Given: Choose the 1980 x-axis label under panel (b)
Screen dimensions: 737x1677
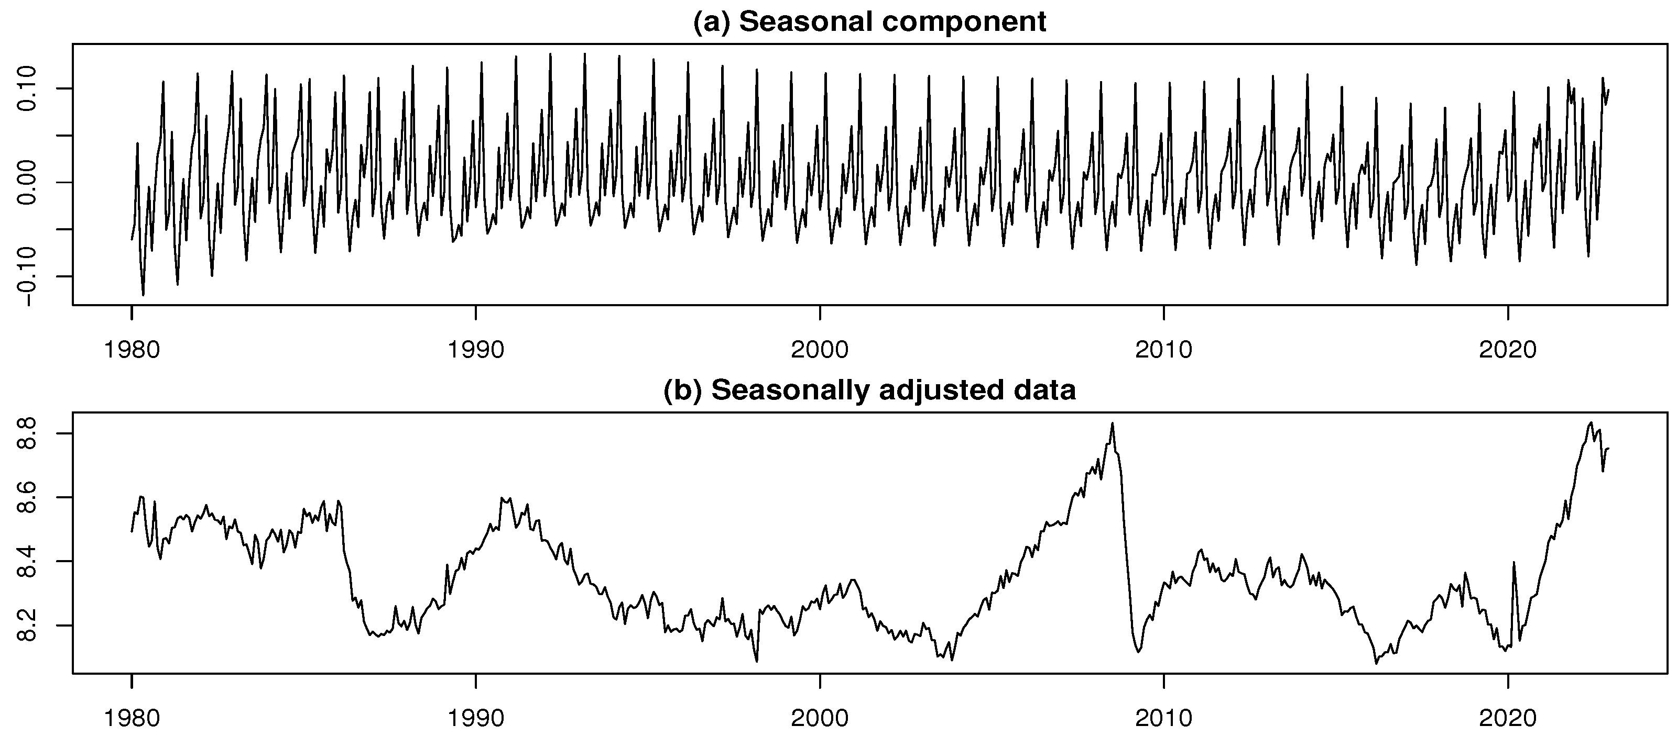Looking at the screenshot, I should (132, 718).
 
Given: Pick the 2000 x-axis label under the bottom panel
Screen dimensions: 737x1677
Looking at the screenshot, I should (820, 718).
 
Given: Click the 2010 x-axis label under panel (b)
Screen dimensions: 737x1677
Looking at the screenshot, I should (1164, 718).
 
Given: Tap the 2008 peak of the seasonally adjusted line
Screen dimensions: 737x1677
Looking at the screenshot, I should (1113, 423).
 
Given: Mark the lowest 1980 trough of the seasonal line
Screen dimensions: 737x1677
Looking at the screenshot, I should (143, 295).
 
